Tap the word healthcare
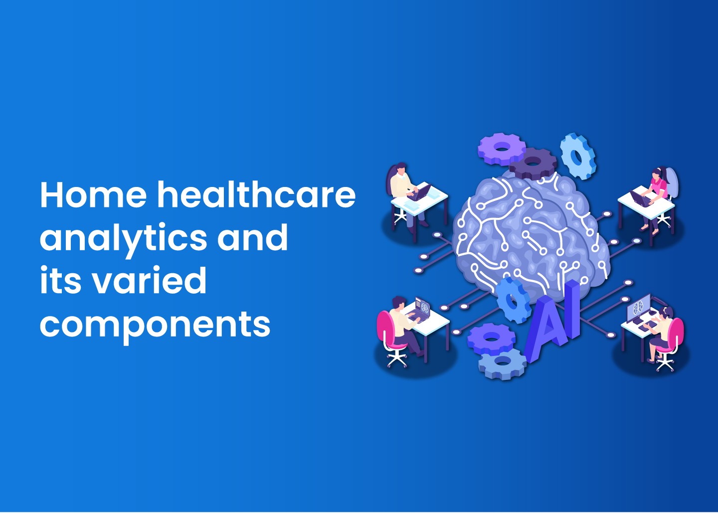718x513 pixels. coord(256,194)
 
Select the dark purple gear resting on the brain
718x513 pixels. coord(533,163)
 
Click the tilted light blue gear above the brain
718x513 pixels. coord(578,157)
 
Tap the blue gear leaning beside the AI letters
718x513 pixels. coord(513,300)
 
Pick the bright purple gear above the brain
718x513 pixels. coord(502,149)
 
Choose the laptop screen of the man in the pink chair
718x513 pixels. coord(422,306)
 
